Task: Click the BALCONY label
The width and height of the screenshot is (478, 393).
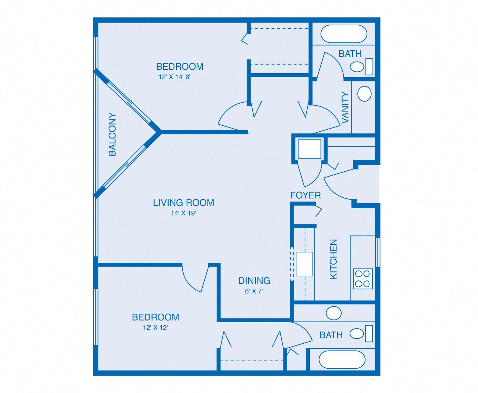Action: pyautogui.click(x=112, y=134)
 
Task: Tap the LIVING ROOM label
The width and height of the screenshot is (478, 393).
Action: pyautogui.click(x=184, y=203)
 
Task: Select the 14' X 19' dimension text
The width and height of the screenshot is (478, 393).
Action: pyautogui.click(x=183, y=213)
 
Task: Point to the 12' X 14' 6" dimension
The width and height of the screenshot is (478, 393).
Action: pyautogui.click(x=175, y=77)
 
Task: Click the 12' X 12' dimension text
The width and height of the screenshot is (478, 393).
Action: pyautogui.click(x=155, y=328)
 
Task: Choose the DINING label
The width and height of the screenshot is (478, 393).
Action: pyautogui.click(x=254, y=281)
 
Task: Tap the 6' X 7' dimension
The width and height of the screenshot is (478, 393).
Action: pyautogui.click(x=254, y=291)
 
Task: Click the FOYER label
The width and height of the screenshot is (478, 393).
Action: pyautogui.click(x=306, y=195)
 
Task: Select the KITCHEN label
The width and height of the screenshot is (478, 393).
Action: pyautogui.click(x=333, y=259)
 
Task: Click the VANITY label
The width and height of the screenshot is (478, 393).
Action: pyautogui.click(x=345, y=107)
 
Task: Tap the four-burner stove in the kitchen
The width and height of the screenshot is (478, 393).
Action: pyautogui.click(x=363, y=279)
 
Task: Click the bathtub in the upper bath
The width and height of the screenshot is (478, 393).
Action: pyautogui.click(x=344, y=34)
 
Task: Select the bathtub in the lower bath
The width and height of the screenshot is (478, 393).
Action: pyautogui.click(x=342, y=360)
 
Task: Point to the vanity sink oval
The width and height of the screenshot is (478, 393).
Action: pyautogui.click(x=364, y=94)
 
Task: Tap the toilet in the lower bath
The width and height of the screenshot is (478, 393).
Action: pyautogui.click(x=361, y=333)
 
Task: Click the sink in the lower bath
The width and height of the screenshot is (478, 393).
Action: pyautogui.click(x=333, y=313)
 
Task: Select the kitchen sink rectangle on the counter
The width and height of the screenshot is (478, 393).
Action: pyautogui.click(x=304, y=264)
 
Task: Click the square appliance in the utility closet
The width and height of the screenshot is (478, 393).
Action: pyautogui.click(x=309, y=149)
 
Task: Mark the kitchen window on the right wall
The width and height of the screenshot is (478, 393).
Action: pyautogui.click(x=377, y=252)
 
